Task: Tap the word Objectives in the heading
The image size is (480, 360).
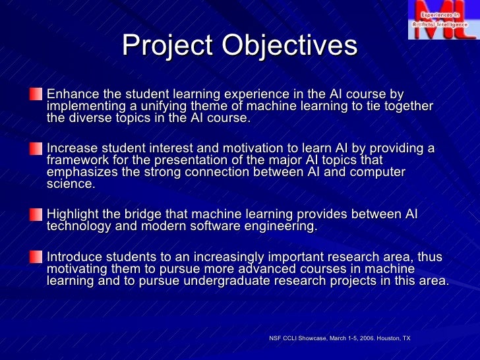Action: point(289,46)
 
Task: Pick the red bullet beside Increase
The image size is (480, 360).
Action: point(34,149)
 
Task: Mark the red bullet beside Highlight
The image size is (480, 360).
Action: point(34,215)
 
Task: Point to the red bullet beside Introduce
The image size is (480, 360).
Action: point(34,256)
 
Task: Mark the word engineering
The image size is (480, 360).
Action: point(280,227)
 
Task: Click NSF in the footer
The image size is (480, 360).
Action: point(275,338)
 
